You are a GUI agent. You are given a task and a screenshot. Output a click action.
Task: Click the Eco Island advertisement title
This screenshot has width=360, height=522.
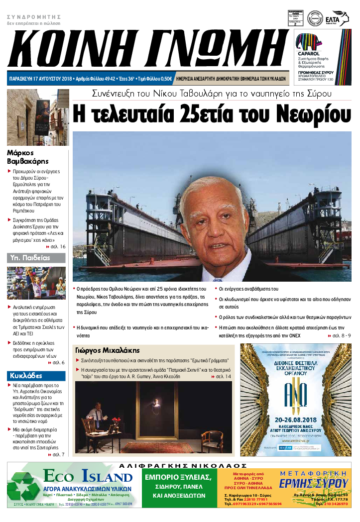point(87,477)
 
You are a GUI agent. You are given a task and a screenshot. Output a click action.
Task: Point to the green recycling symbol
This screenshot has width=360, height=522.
point(23,485)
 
